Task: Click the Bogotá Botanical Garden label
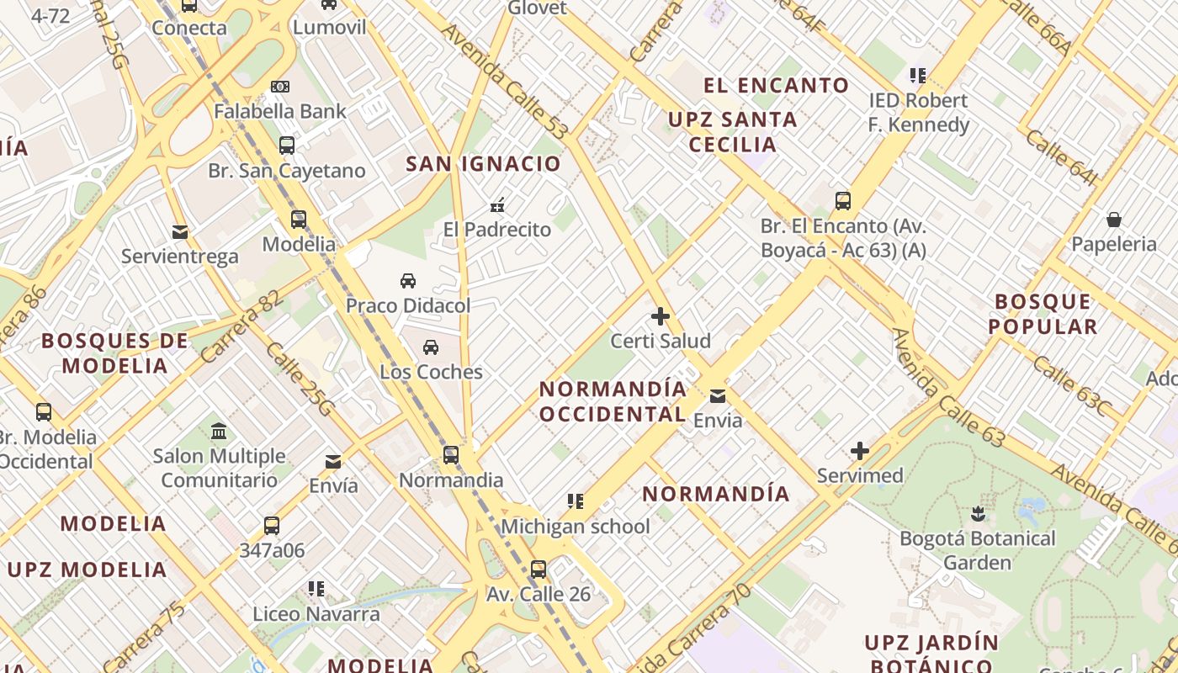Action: point(977,550)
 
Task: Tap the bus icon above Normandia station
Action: point(451,455)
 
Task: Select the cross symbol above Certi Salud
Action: point(661,316)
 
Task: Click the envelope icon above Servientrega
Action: point(179,232)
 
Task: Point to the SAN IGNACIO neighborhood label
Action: point(483,163)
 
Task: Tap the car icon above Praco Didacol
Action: point(408,280)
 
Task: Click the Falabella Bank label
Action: point(279,111)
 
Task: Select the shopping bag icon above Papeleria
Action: point(1114,220)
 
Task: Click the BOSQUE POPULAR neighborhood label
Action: point(1043,314)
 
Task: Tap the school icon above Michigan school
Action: point(576,501)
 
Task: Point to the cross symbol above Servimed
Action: point(860,451)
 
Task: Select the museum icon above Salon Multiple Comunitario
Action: point(219,431)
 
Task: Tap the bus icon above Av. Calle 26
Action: point(539,569)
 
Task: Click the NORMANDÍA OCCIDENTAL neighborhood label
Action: point(613,401)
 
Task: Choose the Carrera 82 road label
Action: point(241,326)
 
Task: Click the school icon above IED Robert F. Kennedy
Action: point(918,76)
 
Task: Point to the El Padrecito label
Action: point(497,229)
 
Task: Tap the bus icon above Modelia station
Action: point(299,220)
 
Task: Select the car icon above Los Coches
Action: point(431,347)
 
